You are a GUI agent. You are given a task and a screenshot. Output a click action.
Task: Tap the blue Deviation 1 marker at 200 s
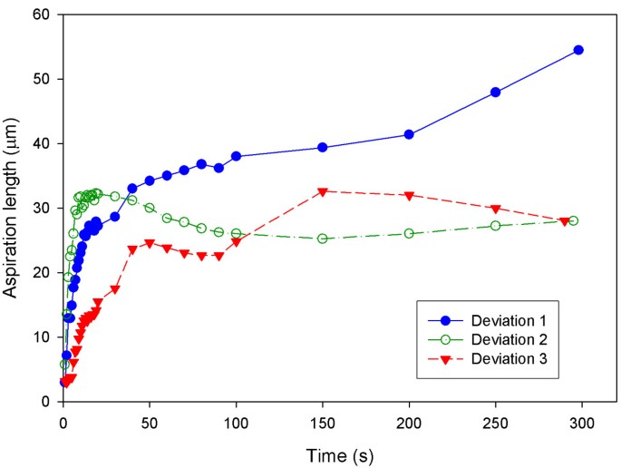coord(409,134)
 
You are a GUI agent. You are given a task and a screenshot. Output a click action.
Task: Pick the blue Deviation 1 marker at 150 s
coord(322,147)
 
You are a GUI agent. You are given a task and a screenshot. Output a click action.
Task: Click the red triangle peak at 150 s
coord(322,191)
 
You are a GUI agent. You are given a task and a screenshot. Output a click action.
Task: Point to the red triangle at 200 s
coord(409,196)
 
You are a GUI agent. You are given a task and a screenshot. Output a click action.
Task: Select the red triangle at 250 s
coord(495,209)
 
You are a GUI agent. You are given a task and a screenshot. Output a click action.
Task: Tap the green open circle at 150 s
coord(322,239)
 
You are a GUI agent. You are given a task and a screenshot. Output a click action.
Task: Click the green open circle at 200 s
coord(409,233)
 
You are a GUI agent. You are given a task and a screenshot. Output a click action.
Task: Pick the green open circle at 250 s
coord(495,225)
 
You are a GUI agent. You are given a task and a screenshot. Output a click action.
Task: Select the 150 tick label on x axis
coord(322,422)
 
